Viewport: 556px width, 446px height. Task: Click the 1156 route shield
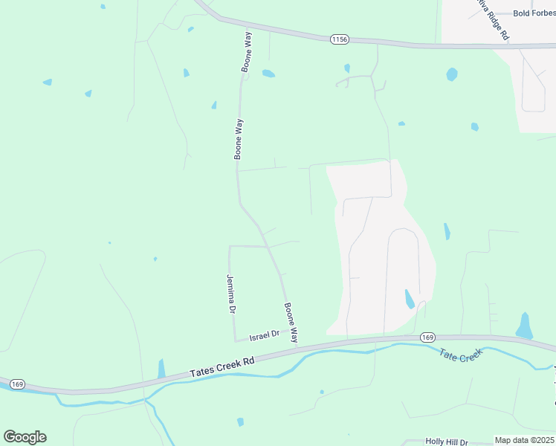(x=340, y=38)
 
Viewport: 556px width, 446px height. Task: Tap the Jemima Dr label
(x=231, y=293)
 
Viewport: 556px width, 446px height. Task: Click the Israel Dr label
(x=264, y=336)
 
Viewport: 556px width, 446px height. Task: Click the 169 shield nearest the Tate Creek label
(x=427, y=337)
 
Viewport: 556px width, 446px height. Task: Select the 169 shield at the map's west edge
(x=18, y=384)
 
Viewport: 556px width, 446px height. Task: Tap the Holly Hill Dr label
(x=447, y=442)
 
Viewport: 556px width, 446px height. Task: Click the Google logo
(x=25, y=437)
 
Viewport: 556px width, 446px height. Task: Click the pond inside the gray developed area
(x=409, y=299)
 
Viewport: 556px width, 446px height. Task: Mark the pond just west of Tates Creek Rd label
(x=161, y=369)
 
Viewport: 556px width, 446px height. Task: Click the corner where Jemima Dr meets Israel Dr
(x=236, y=341)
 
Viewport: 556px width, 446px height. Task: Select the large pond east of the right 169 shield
(x=525, y=326)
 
